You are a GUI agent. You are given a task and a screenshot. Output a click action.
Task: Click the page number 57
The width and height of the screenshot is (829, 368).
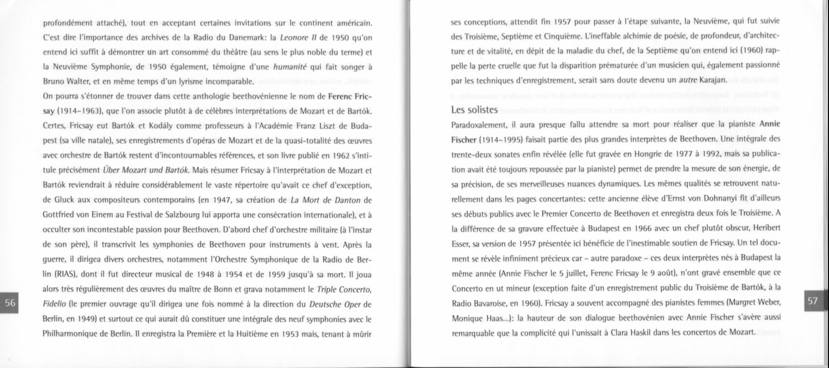click(x=812, y=300)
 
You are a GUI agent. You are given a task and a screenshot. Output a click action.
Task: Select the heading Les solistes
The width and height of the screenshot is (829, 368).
click(x=475, y=109)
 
